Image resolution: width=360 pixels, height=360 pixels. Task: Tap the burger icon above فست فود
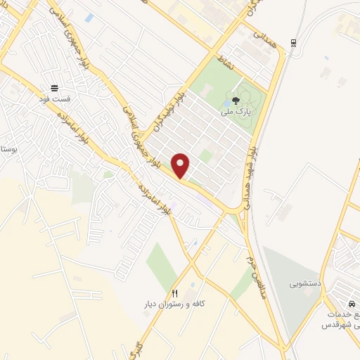click(x=53, y=88)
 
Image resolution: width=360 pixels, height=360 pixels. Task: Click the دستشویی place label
click(x=304, y=285)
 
